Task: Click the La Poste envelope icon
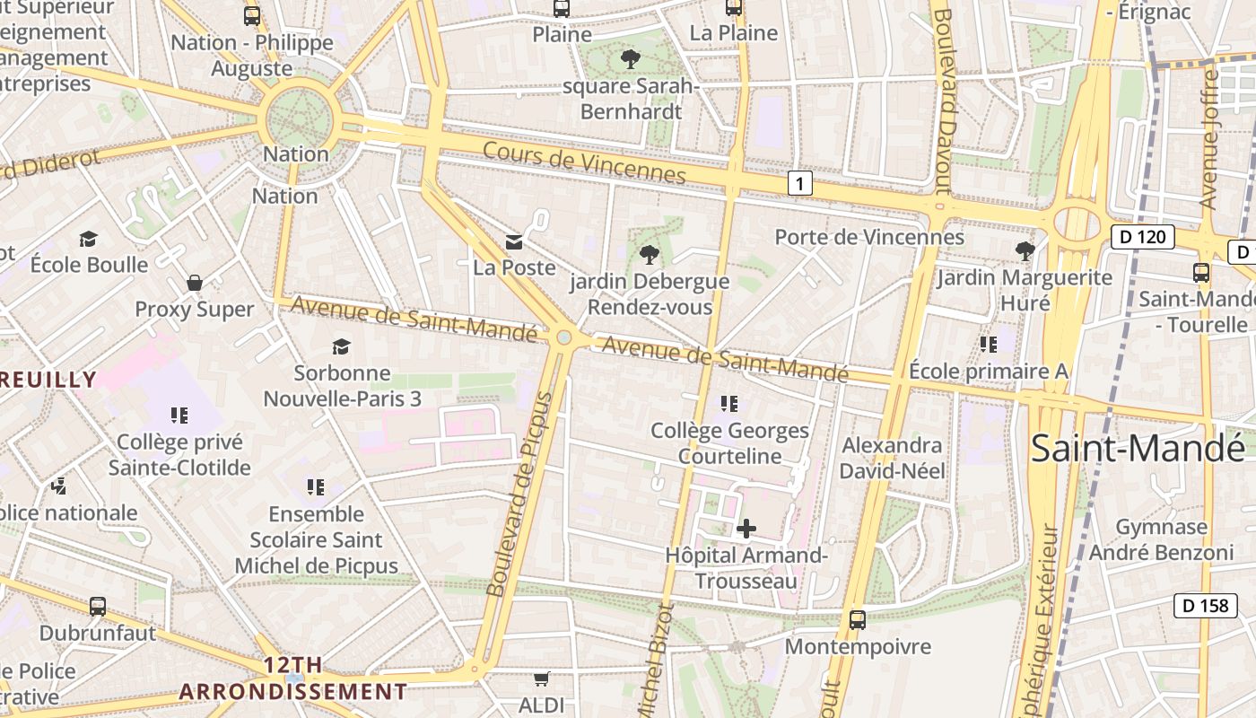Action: tap(514, 241)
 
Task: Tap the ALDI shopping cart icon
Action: tap(541, 679)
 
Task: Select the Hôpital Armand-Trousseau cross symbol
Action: tap(746, 529)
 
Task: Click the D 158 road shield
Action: tap(1205, 606)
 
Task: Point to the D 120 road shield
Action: tap(1142, 237)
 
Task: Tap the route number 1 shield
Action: tap(799, 184)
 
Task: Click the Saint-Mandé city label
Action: tap(1138, 448)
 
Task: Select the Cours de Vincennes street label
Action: tap(584, 162)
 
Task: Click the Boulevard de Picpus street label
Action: tap(521, 494)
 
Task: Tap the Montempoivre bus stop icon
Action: tap(858, 619)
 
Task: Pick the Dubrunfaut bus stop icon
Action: tap(98, 606)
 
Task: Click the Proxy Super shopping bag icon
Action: tap(195, 284)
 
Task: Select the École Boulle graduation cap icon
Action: tap(88, 239)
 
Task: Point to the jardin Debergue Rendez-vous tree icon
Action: tap(649, 255)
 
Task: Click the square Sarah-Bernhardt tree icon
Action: tap(631, 59)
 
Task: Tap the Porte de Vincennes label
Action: tap(869, 237)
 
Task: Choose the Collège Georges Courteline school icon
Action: tap(729, 404)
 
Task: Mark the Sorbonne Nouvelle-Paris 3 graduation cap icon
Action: tap(341, 346)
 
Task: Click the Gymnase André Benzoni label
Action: tap(1161, 539)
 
